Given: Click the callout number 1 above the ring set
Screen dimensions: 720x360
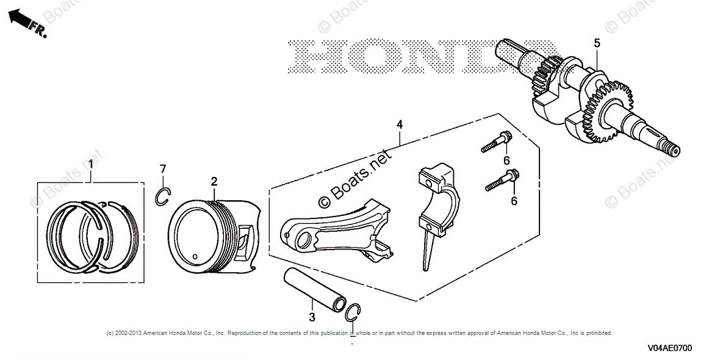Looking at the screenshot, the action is (90, 164).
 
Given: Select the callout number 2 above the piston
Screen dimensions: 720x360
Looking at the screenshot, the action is (214, 181).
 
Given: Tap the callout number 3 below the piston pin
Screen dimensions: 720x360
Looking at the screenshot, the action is (312, 317).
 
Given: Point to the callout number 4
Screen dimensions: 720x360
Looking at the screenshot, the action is (399, 124).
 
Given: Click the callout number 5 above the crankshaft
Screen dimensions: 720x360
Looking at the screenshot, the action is (597, 43).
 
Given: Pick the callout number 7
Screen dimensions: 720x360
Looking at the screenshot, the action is (163, 168).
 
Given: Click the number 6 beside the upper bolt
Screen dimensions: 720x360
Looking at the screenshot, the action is (506, 160).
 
